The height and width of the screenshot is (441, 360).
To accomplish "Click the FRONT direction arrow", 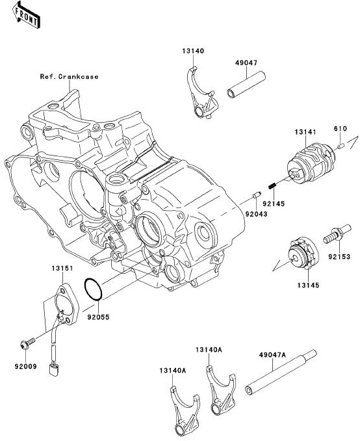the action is pyautogui.click(x=26, y=15).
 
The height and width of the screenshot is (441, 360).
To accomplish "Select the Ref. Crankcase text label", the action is pyautogui.click(x=69, y=77).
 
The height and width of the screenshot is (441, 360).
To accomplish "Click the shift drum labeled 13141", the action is pyautogui.click(x=311, y=163).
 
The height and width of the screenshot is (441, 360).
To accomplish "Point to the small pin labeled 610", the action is pyautogui.click(x=341, y=146).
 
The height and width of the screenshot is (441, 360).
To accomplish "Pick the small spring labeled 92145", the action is pyautogui.click(x=272, y=186).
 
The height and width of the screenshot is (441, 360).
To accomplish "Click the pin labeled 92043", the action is pyautogui.click(x=257, y=194).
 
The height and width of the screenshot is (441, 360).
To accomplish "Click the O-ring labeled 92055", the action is pyautogui.click(x=93, y=289).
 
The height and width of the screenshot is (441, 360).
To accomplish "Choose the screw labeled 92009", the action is pyautogui.click(x=27, y=343).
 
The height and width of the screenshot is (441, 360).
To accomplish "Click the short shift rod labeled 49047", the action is pyautogui.click(x=246, y=85).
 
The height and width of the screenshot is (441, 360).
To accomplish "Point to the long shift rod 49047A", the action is pyautogui.click(x=281, y=372).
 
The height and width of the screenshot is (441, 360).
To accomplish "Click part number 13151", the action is pyautogui.click(x=62, y=268).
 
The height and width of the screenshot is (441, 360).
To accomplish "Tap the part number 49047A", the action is pyautogui.click(x=272, y=354).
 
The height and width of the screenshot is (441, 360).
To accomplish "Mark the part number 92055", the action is pyautogui.click(x=98, y=317).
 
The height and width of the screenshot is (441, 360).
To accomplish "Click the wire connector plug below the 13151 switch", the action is pyautogui.click(x=54, y=369).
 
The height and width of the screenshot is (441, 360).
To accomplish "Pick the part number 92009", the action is pyautogui.click(x=25, y=366).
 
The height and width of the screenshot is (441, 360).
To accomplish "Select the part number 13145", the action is pyautogui.click(x=308, y=285).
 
